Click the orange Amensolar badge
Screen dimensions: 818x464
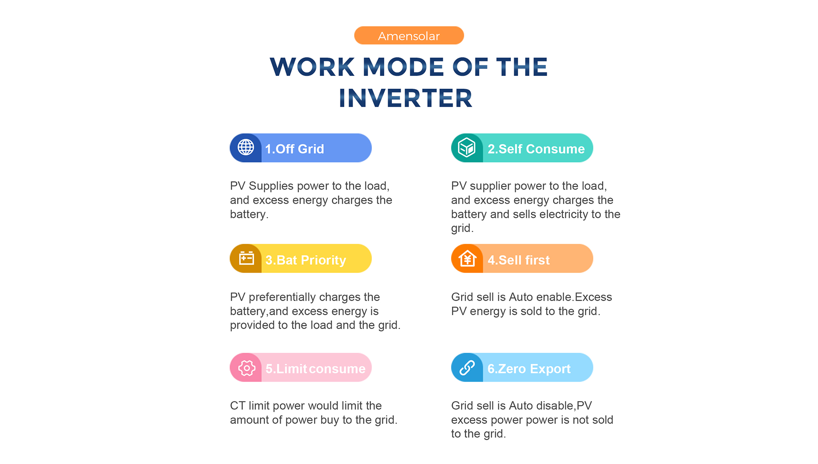[409, 35]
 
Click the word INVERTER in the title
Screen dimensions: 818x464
[406, 98]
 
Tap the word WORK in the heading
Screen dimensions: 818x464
[312, 67]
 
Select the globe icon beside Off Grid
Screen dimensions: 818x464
[246, 148]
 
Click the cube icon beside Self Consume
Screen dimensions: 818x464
[467, 148]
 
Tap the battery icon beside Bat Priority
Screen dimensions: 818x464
[246, 258]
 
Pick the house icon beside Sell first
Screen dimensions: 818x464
[467, 258]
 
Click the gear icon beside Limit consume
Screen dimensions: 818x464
[247, 368]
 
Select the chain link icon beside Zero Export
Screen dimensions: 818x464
[467, 368]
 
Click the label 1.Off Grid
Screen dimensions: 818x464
[294, 149]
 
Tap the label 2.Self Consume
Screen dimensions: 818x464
[536, 149]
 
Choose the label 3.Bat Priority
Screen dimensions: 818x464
[305, 260]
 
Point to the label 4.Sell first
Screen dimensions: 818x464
[518, 260]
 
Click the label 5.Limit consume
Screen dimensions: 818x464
[315, 368]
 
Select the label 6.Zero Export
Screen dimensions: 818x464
[529, 368]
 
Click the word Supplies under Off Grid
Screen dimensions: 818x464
[271, 186]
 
